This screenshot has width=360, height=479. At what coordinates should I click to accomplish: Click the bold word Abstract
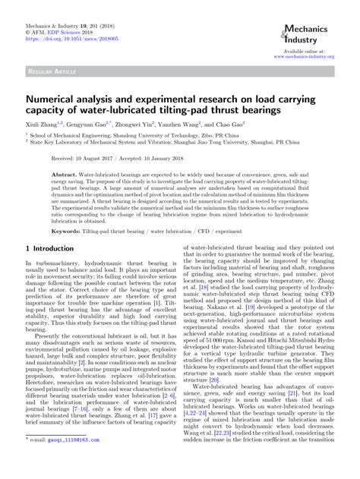point(65,174)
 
